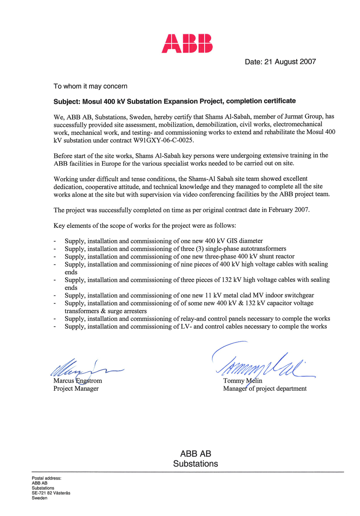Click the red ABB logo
[x=187, y=43]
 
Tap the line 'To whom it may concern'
[x=90, y=86]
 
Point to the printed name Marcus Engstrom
[x=77, y=381]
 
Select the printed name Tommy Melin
[x=242, y=381]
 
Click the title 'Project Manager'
[x=76, y=389]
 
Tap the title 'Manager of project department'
[x=265, y=389]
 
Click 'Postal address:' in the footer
[x=46, y=478]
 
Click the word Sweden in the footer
[x=39, y=498]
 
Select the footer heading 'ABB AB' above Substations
[x=195, y=454]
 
